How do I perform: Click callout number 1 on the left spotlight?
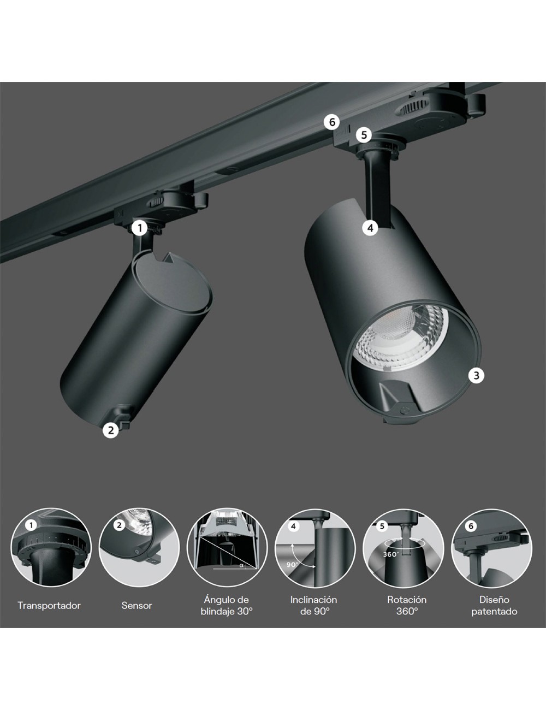[x=140, y=227]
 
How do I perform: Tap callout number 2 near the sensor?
[x=111, y=430]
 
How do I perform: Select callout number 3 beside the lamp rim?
[x=477, y=375]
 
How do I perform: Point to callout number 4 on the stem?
[x=370, y=228]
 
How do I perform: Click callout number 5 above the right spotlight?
[x=365, y=134]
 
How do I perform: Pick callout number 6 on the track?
[x=331, y=121]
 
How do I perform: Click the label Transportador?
[x=49, y=606]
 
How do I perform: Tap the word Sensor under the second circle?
[x=137, y=606]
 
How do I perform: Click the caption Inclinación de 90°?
[x=313, y=606]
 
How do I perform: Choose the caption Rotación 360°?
[x=407, y=606]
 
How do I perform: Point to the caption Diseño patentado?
[x=494, y=606]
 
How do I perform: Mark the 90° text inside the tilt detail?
[x=292, y=564]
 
